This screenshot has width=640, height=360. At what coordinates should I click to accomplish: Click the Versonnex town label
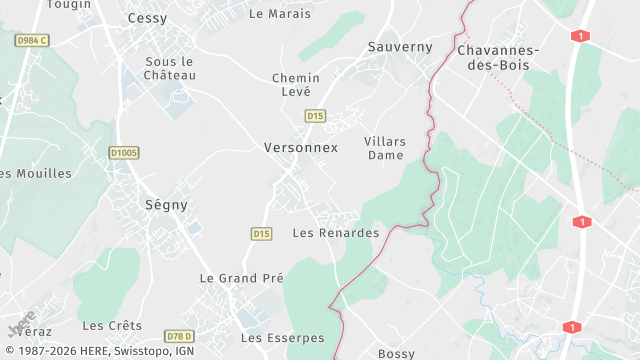[301, 147]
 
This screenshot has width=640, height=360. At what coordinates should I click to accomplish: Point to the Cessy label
[148, 18]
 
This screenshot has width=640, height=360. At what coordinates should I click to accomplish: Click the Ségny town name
[166, 204]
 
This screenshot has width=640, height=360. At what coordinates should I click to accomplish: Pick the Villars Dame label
[385, 148]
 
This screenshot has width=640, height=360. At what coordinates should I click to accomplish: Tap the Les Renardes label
[336, 233]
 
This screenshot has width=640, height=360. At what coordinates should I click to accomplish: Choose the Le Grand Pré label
[242, 278]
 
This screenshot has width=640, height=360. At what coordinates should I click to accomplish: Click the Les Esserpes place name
[283, 338]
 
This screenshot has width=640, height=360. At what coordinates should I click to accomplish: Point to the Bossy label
[396, 354]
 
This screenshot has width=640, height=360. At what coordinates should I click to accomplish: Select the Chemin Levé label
[296, 84]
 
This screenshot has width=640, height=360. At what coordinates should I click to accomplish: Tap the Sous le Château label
[169, 68]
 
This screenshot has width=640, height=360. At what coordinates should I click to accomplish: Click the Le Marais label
[280, 14]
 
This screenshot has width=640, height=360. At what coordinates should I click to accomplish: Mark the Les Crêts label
[112, 326]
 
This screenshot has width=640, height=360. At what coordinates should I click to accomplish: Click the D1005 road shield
[124, 152]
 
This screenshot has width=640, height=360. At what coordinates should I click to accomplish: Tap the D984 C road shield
[32, 40]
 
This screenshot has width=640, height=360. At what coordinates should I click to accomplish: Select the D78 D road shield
[179, 335]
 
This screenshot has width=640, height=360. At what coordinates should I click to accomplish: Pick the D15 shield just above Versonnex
[315, 116]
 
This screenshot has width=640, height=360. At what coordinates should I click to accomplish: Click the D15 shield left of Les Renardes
[261, 233]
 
